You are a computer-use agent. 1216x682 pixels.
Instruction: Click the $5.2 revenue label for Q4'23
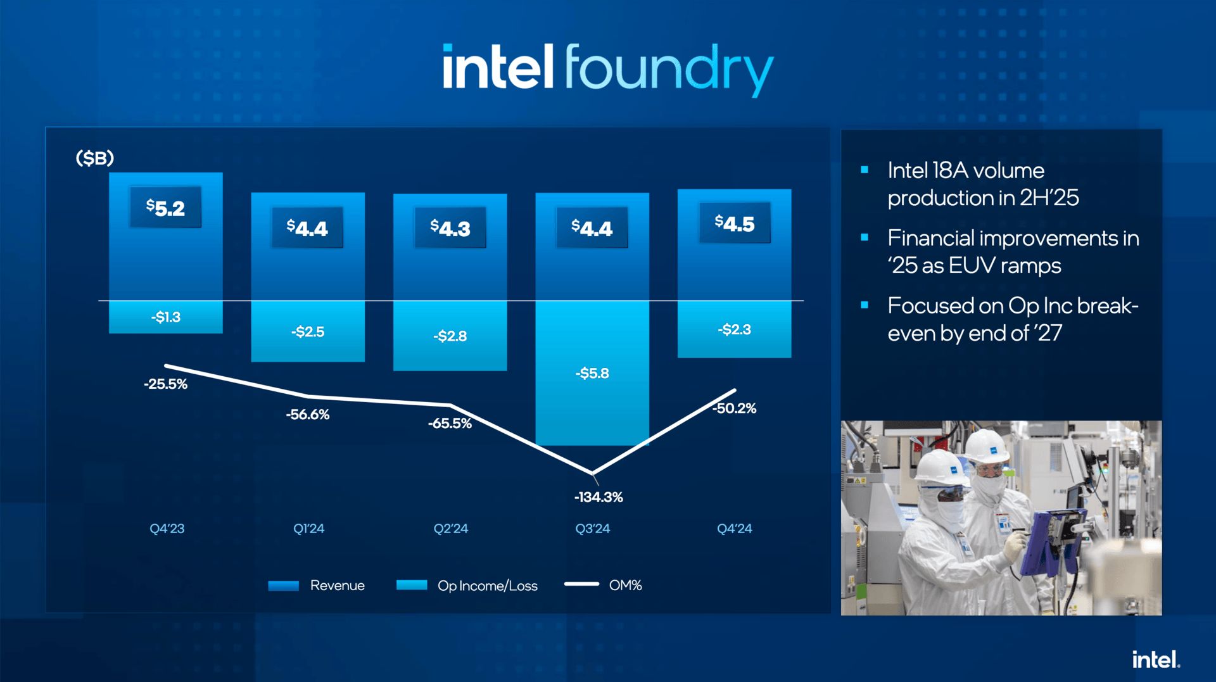(165, 208)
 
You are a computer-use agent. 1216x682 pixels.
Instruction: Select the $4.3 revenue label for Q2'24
(450, 228)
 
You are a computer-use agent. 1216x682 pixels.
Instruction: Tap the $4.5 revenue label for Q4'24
(735, 224)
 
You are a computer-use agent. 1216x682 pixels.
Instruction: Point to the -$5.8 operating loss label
(592, 373)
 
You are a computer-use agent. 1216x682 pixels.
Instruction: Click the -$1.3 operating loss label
(166, 317)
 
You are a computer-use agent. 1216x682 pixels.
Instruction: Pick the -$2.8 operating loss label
(450, 336)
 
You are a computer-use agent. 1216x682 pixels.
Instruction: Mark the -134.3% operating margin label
(598, 497)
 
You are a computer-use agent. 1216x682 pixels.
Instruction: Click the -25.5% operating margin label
(166, 384)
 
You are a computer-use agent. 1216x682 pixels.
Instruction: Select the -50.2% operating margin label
(734, 408)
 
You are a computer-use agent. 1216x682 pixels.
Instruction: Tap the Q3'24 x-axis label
(593, 528)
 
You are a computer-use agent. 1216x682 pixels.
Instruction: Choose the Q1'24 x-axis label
(308, 528)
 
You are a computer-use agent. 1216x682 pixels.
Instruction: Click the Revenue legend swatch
(284, 586)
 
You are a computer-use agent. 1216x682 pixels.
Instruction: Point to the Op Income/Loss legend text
(488, 586)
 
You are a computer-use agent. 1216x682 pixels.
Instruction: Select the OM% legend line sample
(581, 584)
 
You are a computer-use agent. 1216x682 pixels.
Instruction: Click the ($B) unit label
(95, 158)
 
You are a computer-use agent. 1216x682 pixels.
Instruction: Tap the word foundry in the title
(669, 70)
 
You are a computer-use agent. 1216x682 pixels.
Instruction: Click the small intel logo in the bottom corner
(1156, 660)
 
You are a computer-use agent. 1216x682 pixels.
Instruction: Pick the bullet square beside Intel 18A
(864, 169)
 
